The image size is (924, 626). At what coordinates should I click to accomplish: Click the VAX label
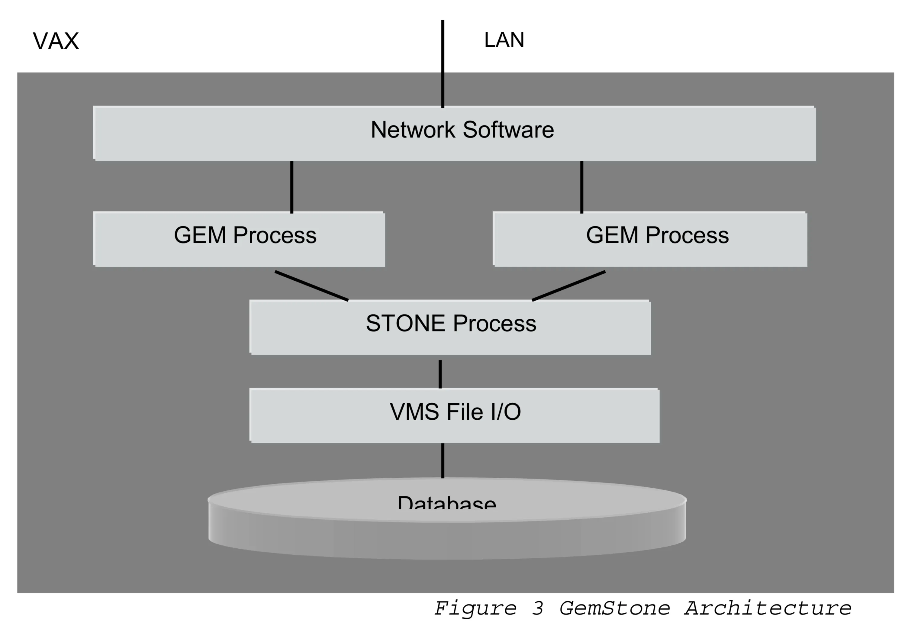56,41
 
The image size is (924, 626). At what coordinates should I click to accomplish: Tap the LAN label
504,40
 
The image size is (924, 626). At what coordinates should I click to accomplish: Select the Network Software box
454,134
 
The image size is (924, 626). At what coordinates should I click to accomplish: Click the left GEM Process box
239,239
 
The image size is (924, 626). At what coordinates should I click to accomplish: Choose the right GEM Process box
650,239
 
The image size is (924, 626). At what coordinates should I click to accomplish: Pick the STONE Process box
450,327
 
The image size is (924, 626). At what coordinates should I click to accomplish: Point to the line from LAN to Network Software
443,64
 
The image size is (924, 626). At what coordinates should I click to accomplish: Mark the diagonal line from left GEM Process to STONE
311,286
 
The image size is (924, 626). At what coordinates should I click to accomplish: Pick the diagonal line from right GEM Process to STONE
568,286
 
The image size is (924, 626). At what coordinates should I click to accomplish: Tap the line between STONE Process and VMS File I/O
440,374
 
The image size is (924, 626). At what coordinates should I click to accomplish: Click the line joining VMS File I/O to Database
443,460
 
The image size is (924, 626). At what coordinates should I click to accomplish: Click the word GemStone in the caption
614,608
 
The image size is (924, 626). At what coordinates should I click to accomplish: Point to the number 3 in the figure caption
538,608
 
